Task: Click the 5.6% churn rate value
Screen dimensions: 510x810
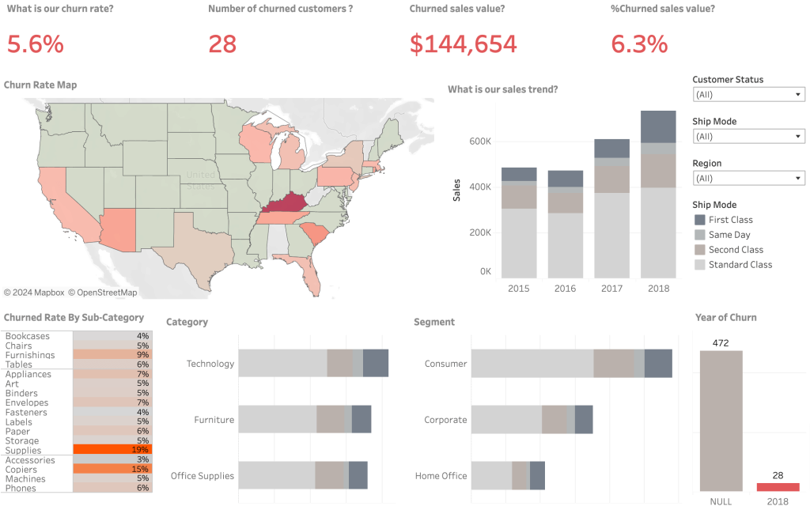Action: point(35,43)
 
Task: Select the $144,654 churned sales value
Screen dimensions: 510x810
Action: point(463,43)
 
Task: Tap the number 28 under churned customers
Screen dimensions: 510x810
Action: point(222,43)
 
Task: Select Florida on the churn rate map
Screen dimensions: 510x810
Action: point(312,274)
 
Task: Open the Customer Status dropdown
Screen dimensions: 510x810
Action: point(748,95)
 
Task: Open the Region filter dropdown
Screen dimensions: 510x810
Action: point(748,179)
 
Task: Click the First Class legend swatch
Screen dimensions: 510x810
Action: point(699,220)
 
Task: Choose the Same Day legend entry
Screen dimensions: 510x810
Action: point(729,235)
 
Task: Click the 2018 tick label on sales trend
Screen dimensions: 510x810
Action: point(657,289)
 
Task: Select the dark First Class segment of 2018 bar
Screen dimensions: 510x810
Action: point(657,127)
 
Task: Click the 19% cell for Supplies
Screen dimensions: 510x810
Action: point(112,450)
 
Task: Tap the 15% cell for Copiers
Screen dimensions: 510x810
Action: point(112,469)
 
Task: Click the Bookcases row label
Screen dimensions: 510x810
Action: point(27,336)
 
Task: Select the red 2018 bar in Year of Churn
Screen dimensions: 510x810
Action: point(778,487)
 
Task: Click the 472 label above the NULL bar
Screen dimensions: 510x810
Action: point(720,343)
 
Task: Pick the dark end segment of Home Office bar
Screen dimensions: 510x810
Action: point(537,476)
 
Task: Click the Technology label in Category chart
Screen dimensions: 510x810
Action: point(210,364)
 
